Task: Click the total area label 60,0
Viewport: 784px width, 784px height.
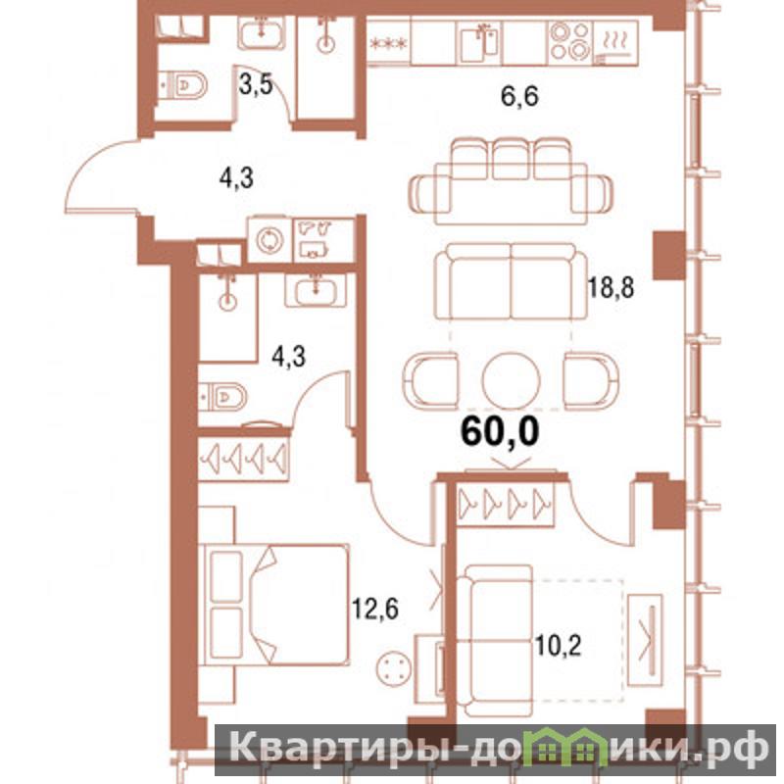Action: (500, 431)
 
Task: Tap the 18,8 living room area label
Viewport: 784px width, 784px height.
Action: (611, 287)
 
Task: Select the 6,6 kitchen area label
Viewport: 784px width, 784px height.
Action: (519, 96)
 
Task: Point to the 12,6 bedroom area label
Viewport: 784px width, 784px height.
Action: (375, 609)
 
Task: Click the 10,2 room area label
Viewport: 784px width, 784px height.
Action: (558, 646)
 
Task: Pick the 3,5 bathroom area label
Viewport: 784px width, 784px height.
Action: (256, 84)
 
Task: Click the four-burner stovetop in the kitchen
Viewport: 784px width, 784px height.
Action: (570, 42)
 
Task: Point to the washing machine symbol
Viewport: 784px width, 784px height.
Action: (270, 240)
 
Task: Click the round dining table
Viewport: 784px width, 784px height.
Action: (511, 381)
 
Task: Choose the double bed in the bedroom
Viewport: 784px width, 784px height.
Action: (274, 605)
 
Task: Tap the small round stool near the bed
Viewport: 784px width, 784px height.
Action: (395, 668)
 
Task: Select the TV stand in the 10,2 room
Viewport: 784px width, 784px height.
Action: (645, 640)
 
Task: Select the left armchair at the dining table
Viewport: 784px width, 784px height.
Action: (430, 381)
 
